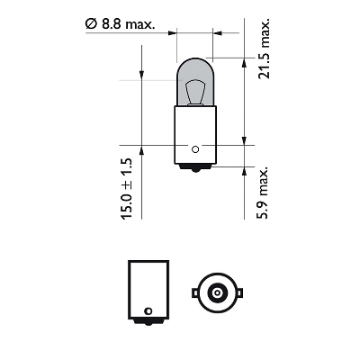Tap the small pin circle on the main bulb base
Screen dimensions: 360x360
point(194,149)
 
